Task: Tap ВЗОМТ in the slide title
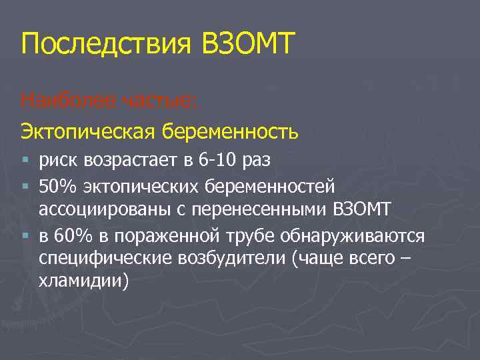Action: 245,45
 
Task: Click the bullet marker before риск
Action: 25,160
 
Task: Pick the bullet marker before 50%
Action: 25,183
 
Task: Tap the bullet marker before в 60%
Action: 25,237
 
